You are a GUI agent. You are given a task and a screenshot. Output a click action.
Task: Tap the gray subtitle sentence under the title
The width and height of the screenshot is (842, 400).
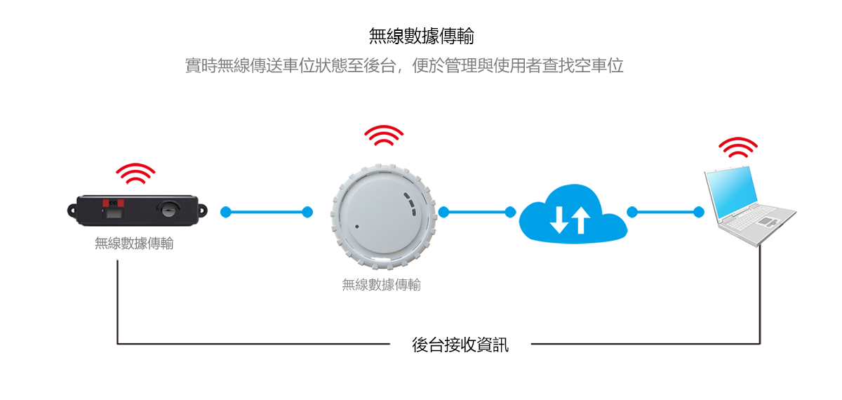coord(404,67)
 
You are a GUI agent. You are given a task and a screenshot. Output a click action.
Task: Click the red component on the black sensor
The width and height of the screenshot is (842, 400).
coord(114,204)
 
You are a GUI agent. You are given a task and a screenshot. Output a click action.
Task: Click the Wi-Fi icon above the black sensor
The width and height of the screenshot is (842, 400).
coord(135,173)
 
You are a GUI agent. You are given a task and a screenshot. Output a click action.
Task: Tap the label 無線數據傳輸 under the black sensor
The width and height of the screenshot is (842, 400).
coord(134,244)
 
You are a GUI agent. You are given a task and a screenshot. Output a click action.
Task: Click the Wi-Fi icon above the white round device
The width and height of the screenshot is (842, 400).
coord(384,135)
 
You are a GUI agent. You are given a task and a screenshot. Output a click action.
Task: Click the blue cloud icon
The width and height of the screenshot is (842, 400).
coord(572,213)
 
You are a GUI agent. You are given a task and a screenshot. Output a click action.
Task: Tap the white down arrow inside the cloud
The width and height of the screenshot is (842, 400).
coord(559,220)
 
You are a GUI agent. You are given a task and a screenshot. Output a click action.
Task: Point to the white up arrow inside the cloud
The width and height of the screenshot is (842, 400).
coord(580,220)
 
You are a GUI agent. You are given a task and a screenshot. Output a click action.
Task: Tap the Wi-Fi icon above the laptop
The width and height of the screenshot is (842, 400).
coord(738,147)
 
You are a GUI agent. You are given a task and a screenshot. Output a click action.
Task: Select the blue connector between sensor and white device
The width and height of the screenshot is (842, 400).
coord(266,212)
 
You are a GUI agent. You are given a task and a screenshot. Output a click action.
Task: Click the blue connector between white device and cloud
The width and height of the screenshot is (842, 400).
coord(476,212)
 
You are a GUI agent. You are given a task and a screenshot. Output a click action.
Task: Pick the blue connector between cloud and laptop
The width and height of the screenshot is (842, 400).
coord(664,212)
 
